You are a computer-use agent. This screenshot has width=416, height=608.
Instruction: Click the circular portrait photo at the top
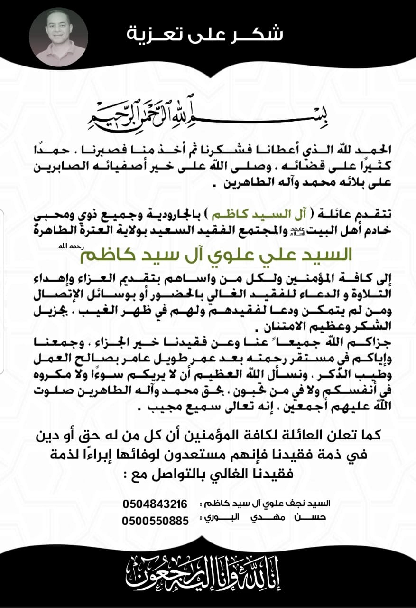pos(58,37)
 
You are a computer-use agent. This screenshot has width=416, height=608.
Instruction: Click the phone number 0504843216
pos(155,504)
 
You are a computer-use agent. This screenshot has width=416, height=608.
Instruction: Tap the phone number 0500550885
pos(155,521)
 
